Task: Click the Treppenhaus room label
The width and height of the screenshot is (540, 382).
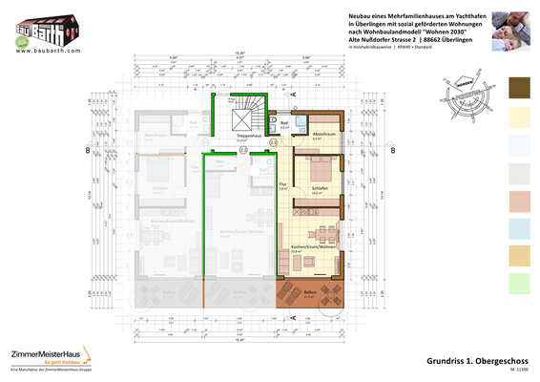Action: click(x=250, y=136)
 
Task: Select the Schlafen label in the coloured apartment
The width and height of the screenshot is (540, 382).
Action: click(x=320, y=189)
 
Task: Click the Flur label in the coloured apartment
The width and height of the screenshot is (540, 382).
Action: click(x=282, y=185)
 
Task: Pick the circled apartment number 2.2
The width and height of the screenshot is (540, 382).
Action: click(x=243, y=150)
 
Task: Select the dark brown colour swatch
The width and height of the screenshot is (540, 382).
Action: click(x=524, y=88)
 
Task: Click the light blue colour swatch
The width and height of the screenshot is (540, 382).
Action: click(x=524, y=227)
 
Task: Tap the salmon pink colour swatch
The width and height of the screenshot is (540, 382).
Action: click(x=524, y=200)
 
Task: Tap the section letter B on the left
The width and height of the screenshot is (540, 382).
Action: click(x=88, y=151)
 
